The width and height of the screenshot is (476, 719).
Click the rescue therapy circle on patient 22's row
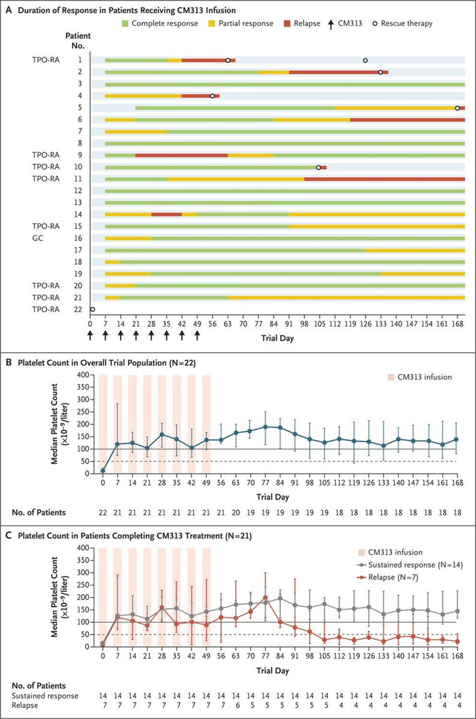coord(92,309)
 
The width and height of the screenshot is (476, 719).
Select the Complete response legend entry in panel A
coord(159,23)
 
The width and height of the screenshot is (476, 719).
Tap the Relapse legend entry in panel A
coord(302,23)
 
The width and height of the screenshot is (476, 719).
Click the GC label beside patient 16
coord(38,238)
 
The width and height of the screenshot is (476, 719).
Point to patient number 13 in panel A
coord(78,202)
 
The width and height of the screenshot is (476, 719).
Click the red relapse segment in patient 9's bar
coord(181,155)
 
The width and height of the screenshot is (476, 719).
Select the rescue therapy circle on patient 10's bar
coord(319,168)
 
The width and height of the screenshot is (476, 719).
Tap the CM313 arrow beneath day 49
coord(197,336)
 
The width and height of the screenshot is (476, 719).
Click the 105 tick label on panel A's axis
coord(319,324)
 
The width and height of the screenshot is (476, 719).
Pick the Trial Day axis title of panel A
coord(277,338)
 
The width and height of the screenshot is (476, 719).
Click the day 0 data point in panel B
coord(103,471)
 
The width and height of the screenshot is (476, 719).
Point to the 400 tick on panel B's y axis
coord(83,375)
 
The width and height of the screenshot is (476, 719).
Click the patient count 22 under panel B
coord(103,513)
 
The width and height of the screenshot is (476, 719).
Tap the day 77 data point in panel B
coord(265,427)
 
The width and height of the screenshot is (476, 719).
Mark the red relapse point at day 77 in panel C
coord(265,598)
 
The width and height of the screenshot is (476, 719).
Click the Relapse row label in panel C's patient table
coord(25,706)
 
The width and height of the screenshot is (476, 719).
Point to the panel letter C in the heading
coord(9,536)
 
